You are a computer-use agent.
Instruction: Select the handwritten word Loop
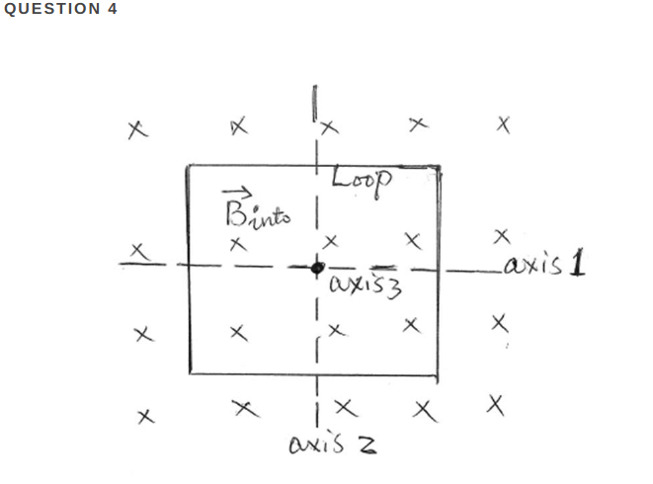click(362, 179)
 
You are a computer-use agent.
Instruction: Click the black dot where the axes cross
click(317, 267)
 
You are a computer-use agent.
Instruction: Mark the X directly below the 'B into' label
click(237, 243)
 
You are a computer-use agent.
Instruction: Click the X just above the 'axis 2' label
click(344, 407)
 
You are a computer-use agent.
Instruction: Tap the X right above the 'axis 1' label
click(502, 236)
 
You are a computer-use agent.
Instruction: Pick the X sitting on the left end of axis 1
click(142, 253)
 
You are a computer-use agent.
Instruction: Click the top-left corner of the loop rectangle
click(188, 166)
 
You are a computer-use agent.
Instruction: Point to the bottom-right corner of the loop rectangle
click(440, 374)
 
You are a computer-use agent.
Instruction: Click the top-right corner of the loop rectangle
click(440, 168)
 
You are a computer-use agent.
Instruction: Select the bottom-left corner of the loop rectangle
click(189, 373)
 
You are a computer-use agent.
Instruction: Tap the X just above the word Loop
click(329, 126)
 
